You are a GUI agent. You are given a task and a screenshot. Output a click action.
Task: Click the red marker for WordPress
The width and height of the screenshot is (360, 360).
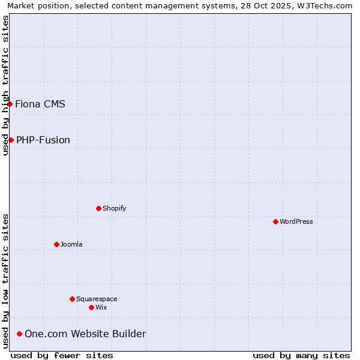[x=275, y=221]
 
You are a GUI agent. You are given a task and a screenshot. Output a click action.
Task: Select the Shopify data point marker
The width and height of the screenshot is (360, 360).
[x=98, y=208]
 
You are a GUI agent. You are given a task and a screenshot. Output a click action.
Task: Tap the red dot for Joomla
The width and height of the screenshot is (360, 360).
[x=56, y=244]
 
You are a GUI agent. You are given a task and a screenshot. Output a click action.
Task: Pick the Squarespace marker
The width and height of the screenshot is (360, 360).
[x=72, y=299]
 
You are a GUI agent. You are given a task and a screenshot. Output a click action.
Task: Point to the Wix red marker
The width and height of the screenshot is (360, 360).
[x=91, y=307]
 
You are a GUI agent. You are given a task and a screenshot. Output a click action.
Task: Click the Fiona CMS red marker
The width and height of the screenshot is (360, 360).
[x=10, y=104]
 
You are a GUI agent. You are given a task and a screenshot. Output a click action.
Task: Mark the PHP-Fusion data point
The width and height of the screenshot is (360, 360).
[x=11, y=140]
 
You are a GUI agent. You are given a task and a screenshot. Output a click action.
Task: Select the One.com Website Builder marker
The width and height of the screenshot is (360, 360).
[x=19, y=334]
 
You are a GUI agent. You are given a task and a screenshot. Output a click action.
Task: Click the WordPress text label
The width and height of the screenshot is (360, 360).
[x=296, y=221]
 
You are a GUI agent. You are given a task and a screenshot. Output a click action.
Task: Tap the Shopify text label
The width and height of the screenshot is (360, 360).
[x=114, y=208]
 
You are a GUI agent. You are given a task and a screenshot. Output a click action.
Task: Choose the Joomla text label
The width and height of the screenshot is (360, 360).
[x=71, y=244]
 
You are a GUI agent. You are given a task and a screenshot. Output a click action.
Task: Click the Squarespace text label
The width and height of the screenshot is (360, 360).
[x=97, y=299]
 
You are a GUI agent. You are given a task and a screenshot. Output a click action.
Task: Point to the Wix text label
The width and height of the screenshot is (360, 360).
[x=101, y=307]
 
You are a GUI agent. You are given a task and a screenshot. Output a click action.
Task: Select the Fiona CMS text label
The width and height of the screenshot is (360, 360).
[x=40, y=104]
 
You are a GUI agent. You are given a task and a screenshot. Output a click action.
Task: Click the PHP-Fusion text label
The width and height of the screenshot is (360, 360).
[x=43, y=140]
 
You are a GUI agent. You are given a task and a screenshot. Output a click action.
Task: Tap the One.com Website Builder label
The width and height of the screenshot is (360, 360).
[x=85, y=334]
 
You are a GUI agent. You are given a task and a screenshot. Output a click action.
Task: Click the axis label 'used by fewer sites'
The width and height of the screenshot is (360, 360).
[x=62, y=355]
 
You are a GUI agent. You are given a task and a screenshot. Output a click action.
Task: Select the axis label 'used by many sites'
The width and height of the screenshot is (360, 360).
[x=301, y=355]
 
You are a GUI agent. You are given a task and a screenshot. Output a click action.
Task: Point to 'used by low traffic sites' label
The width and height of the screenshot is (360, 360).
[x=6, y=281]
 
